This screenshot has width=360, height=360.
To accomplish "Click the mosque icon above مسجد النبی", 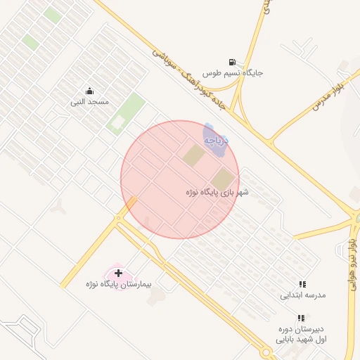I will click(x=89, y=91).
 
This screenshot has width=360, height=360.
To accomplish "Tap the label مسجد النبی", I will click(x=89, y=103).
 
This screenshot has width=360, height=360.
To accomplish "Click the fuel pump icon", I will click(x=233, y=62).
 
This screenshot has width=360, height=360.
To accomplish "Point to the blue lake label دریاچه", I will click(x=218, y=140).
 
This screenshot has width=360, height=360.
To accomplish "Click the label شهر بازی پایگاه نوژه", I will click(x=217, y=191).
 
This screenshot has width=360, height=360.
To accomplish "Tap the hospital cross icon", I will click(x=118, y=272).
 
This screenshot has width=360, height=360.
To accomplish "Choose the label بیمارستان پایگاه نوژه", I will click(x=127, y=284).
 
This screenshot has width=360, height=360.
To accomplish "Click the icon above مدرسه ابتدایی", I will click(x=302, y=284).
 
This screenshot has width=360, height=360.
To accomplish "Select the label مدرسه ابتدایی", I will click(x=303, y=295).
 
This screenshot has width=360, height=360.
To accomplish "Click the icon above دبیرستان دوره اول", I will click(x=301, y=318).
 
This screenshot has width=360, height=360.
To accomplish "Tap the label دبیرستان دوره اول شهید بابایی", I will click(x=301, y=333).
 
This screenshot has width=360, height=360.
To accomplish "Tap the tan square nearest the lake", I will click(x=193, y=155).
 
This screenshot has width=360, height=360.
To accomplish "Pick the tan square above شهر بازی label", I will click(x=222, y=178).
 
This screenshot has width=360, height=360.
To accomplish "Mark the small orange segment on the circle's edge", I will click(x=131, y=202).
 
